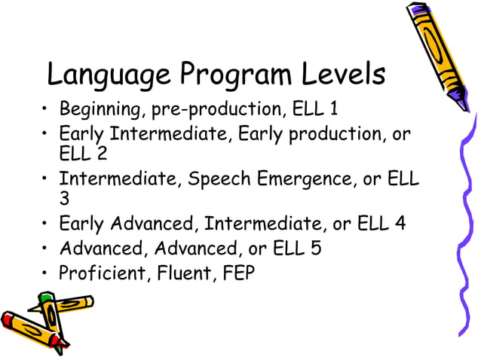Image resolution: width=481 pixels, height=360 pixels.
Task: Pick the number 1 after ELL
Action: pyautogui.click(x=332, y=110)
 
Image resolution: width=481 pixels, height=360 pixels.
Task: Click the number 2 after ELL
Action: pyautogui.click(x=102, y=154)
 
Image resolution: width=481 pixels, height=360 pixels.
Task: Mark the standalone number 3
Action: pyautogui.click(x=64, y=200)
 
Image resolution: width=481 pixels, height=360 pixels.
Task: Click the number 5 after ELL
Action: pyautogui.click(x=316, y=248)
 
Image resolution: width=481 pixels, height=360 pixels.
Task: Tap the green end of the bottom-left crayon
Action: pyautogui.click(x=45, y=300)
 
